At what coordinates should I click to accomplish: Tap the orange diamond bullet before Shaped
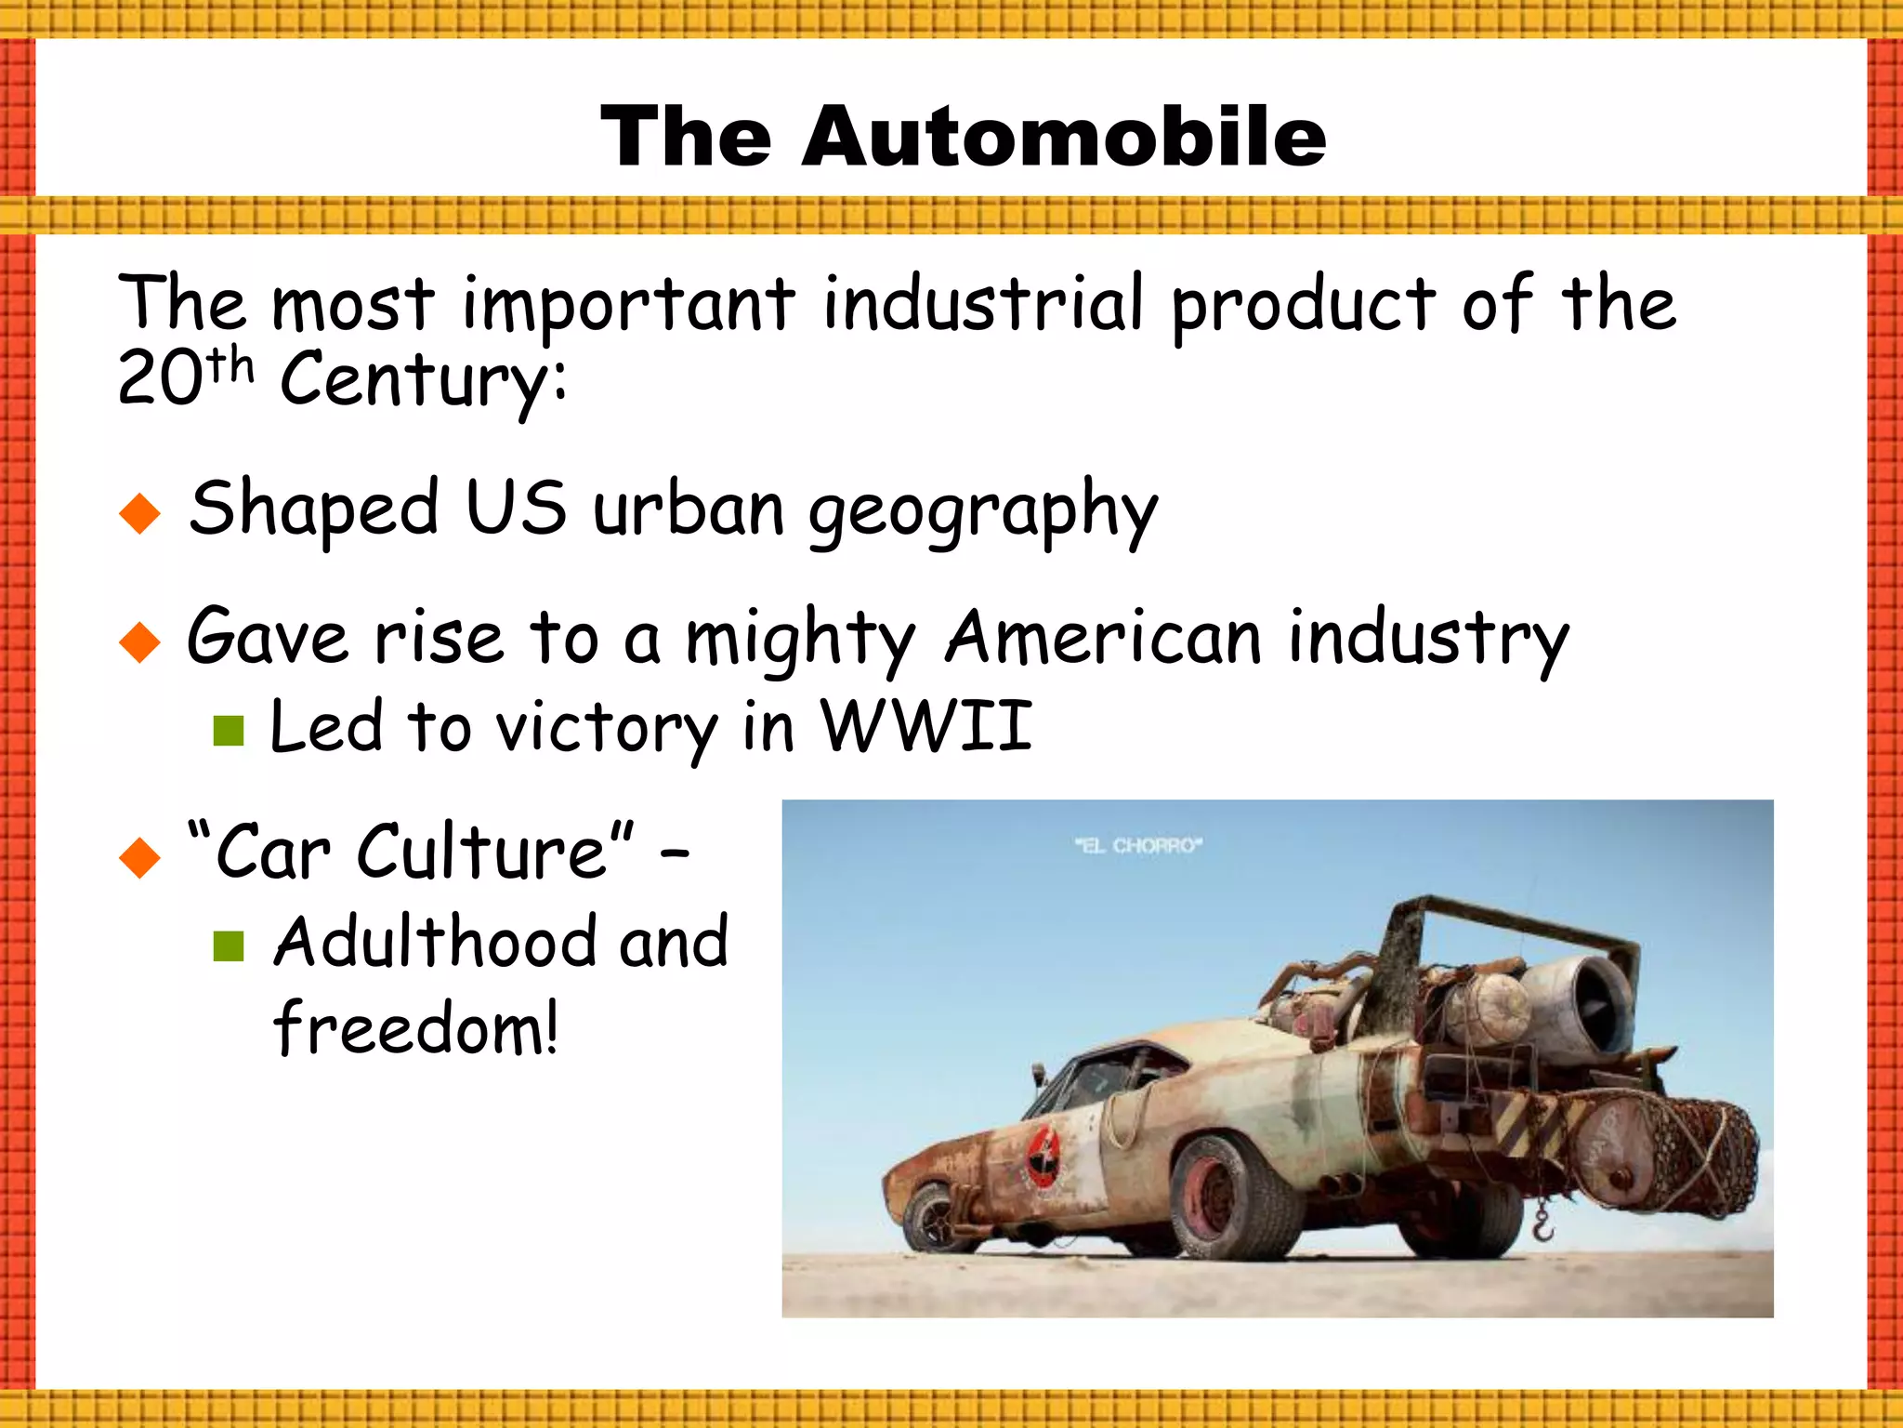click(140, 513)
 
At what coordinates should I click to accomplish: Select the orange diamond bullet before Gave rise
click(140, 641)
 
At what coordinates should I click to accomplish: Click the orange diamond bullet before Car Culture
click(140, 856)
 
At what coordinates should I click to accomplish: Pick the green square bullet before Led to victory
click(228, 731)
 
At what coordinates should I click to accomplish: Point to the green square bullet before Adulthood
click(228, 946)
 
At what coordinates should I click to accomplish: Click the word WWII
click(926, 726)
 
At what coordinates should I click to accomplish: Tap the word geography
click(983, 511)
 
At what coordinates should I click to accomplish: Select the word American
click(1103, 639)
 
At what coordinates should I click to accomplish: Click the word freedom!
click(415, 1029)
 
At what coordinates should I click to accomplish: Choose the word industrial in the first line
click(982, 304)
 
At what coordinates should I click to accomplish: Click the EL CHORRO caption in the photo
click(1138, 846)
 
